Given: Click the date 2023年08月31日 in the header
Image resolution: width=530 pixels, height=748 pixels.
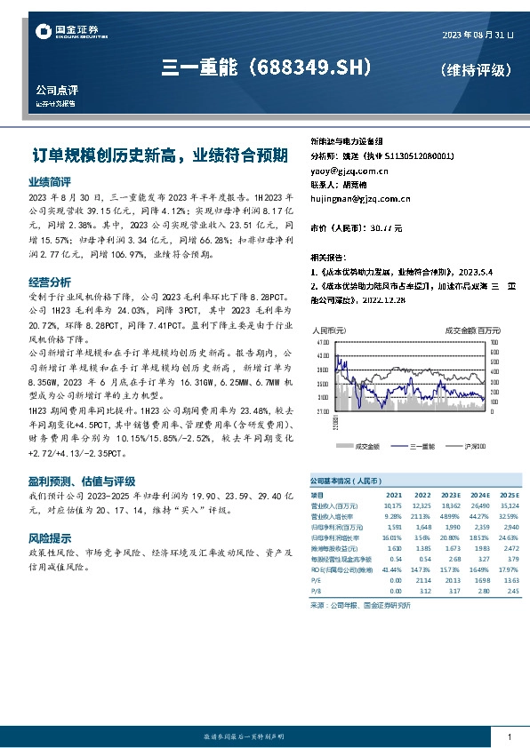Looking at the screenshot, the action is pyautogui.click(x=478, y=35).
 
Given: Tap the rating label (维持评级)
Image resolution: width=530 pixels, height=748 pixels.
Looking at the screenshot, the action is pyautogui.click(x=476, y=69).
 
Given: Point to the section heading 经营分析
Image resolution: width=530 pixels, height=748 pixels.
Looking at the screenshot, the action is pyautogui.click(x=44, y=282).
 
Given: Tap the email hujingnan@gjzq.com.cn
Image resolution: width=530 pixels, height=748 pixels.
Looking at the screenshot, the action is pyautogui.click(x=360, y=199).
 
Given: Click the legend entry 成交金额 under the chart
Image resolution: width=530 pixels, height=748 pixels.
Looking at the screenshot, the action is pyautogui.click(x=367, y=445).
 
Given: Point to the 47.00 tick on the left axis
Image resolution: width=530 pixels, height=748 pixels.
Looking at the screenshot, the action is pyautogui.click(x=321, y=340).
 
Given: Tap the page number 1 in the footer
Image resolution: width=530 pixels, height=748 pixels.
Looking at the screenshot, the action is pyautogui.click(x=509, y=737).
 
